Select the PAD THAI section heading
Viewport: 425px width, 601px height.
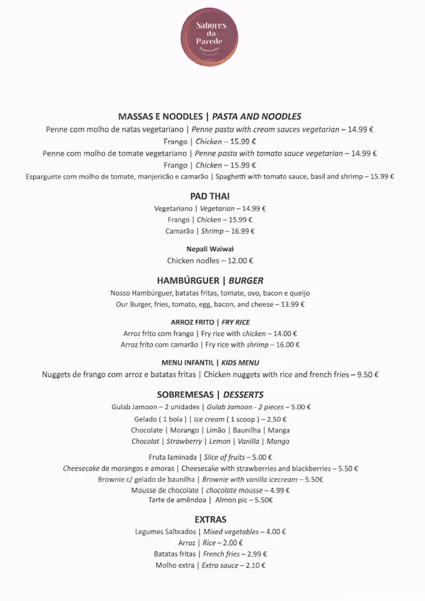[210, 196]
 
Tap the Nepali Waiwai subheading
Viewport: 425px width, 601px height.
[210, 249]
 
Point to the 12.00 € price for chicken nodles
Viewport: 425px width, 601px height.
[240, 261]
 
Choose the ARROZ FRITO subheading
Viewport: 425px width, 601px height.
[192, 322]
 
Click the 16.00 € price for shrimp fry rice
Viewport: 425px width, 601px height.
[288, 345]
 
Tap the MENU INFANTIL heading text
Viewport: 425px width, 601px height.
[188, 363]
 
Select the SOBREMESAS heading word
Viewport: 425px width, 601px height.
[185, 394]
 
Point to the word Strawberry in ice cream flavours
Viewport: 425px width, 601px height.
[184, 441]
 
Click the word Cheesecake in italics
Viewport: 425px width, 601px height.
[81, 468]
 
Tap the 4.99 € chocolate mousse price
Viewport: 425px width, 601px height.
[277, 490]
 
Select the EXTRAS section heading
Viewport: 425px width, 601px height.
[211, 519]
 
